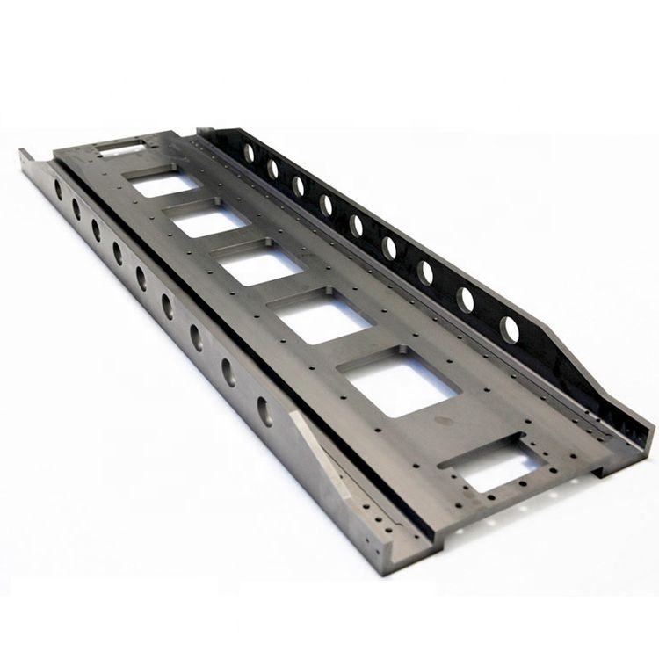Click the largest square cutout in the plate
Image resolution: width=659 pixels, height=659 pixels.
[x=395, y=387]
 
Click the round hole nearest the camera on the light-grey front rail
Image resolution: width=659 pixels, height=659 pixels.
[x=264, y=409]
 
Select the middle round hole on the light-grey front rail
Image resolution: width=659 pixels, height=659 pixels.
[x=141, y=278]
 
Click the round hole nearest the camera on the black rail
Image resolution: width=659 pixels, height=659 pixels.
[x=509, y=329]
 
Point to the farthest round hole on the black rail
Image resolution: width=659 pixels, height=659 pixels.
[x=249, y=152]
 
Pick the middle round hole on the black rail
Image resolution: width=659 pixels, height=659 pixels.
[x=357, y=224]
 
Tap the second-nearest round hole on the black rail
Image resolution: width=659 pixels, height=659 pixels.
[x=466, y=299]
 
